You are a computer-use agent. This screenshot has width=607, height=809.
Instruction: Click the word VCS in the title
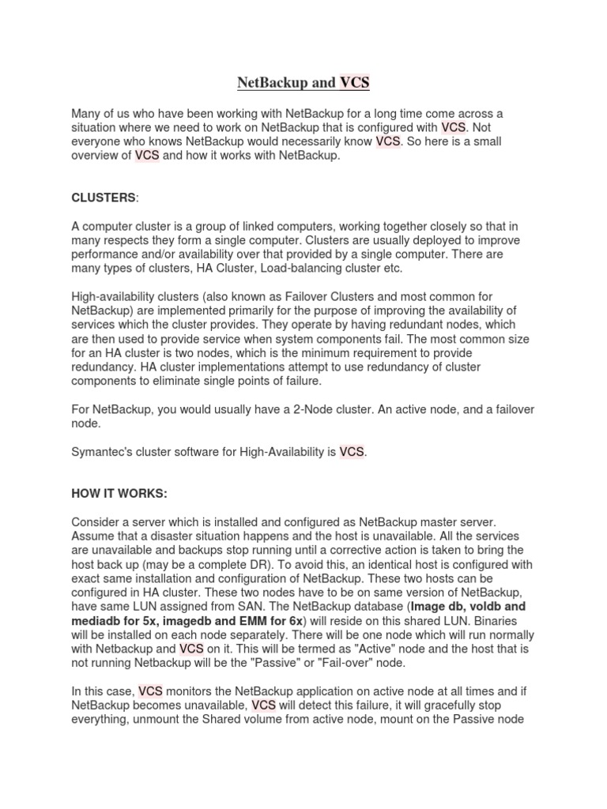355,82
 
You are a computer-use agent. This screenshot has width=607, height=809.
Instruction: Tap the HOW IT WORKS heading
119,494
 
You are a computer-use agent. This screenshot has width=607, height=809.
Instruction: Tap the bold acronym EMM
262,621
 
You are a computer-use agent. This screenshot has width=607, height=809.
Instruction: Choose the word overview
99,156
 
